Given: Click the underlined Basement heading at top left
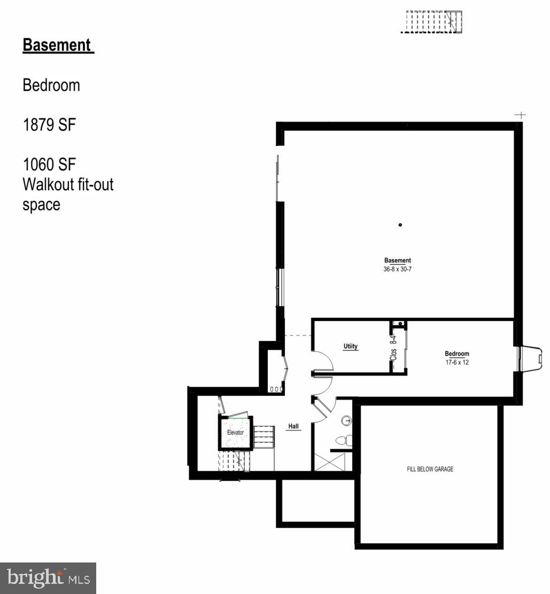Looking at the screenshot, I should (58, 45).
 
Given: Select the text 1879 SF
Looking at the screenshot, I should (49, 125).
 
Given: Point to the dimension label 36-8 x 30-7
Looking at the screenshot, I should (397, 269).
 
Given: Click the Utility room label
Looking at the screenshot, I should (350, 347).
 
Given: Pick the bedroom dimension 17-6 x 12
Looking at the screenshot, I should (456, 362).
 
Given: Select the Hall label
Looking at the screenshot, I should (293, 426).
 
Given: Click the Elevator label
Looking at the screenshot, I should (235, 432).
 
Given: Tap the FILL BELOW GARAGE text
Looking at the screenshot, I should (430, 469).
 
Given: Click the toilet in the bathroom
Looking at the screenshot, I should (342, 440).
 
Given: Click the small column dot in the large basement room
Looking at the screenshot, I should (400, 225).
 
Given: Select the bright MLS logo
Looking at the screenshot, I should (48, 578).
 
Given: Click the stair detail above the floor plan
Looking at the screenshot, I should (431, 22).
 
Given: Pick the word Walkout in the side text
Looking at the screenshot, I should (48, 185).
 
